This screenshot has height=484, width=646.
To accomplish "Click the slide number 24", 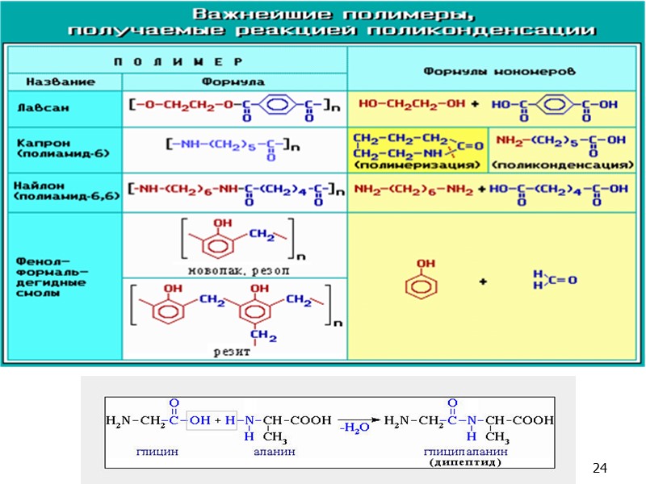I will (599, 469).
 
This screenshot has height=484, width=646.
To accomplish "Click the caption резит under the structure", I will (231, 352).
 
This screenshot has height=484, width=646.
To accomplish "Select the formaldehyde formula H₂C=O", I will (554, 279).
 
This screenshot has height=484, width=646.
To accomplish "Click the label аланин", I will (275, 453).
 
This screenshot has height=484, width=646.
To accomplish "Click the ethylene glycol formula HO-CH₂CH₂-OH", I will (412, 105).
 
